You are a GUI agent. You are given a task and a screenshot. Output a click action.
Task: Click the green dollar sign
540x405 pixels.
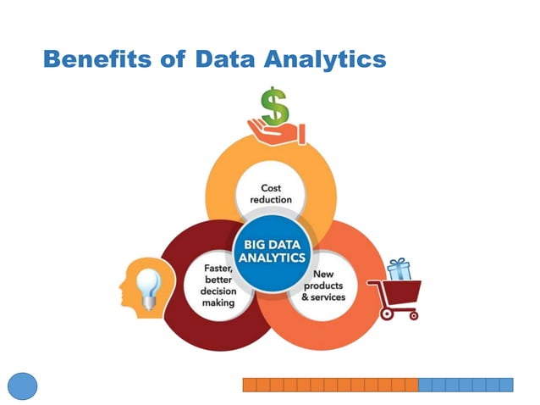coord(273,107)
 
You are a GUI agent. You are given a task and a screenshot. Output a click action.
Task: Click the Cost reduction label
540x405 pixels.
coord(271,193)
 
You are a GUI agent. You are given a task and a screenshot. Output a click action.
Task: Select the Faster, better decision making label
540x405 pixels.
coord(218,285)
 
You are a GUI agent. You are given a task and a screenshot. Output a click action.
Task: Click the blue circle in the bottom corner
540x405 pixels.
coord(23,386)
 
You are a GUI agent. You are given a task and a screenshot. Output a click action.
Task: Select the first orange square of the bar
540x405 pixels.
coord(250,385)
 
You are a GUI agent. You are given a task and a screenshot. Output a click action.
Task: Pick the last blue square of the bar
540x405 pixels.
coord(506,385)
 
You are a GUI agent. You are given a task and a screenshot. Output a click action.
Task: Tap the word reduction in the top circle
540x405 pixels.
coord(271,200)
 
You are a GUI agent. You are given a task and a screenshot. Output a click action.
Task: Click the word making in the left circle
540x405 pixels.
coord(218,302)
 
